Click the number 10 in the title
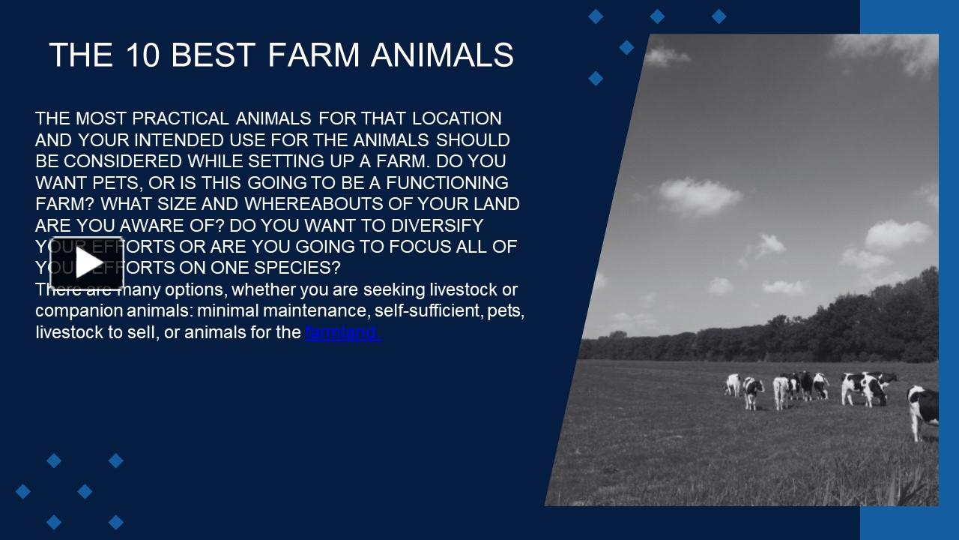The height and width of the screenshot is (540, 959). tap(143, 55)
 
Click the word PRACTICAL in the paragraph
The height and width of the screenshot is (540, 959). tap(181, 118)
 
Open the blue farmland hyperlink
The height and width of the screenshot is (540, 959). tap(342, 332)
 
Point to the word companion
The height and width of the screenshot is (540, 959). tap(74, 310)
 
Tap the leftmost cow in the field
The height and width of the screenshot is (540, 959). tap(732, 385)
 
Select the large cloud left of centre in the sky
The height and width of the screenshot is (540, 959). tap(700, 196)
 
